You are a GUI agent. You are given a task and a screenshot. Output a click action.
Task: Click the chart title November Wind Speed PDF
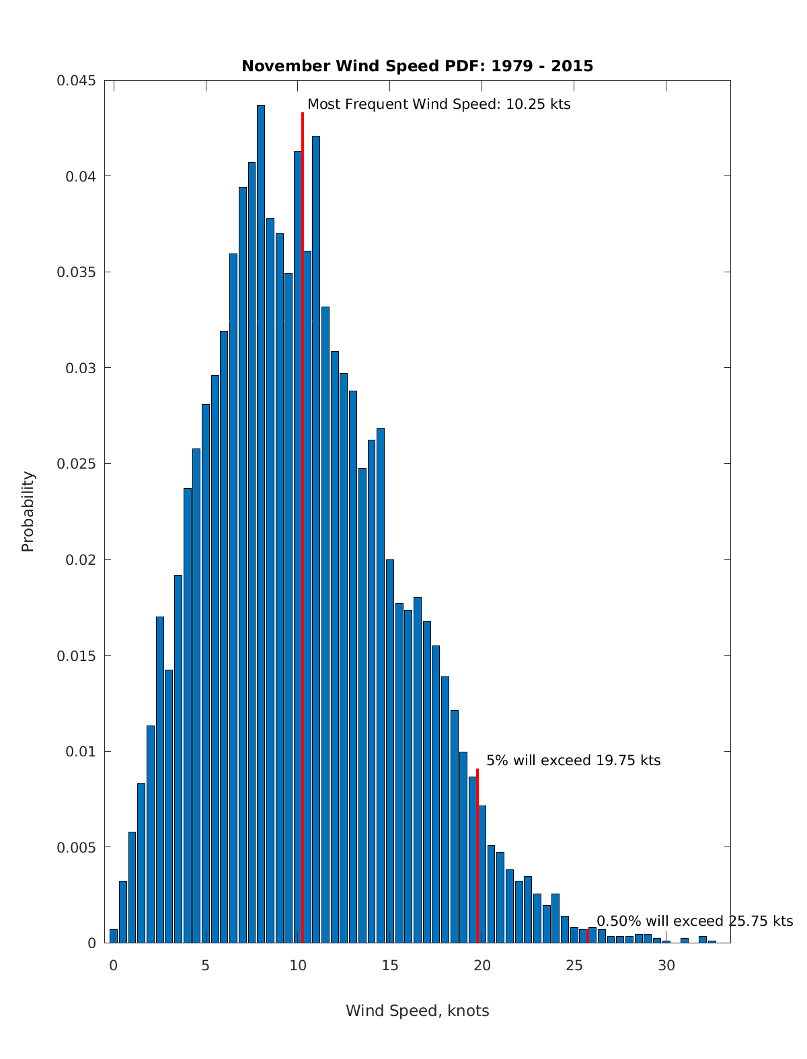point(417,66)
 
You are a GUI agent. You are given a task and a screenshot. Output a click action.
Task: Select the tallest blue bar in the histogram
point(261,524)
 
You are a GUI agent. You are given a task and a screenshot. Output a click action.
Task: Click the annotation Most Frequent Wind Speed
point(438,104)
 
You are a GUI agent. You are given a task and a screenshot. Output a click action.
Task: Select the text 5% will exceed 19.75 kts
point(573,760)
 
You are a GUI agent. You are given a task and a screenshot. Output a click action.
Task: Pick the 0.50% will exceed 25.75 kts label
point(695,921)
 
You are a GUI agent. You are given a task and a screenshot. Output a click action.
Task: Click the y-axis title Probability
point(28,511)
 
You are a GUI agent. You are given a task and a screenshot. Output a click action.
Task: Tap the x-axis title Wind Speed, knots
point(417,1011)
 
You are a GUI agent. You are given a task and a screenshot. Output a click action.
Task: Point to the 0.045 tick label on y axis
point(76,81)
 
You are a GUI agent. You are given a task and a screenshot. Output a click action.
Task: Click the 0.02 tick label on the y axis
point(80,559)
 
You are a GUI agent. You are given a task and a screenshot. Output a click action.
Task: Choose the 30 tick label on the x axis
point(666,966)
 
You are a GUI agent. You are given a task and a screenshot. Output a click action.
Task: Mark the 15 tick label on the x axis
point(389,966)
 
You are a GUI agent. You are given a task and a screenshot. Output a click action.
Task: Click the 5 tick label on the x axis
point(205,966)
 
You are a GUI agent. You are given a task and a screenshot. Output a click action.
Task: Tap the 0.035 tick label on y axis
point(76,272)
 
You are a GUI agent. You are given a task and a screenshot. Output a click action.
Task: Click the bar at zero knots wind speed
point(114,936)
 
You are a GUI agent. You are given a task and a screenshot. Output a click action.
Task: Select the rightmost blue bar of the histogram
point(712,941)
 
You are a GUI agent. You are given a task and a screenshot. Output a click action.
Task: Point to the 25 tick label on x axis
point(574,966)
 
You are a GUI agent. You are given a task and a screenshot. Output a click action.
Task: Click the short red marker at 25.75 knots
point(588,936)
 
